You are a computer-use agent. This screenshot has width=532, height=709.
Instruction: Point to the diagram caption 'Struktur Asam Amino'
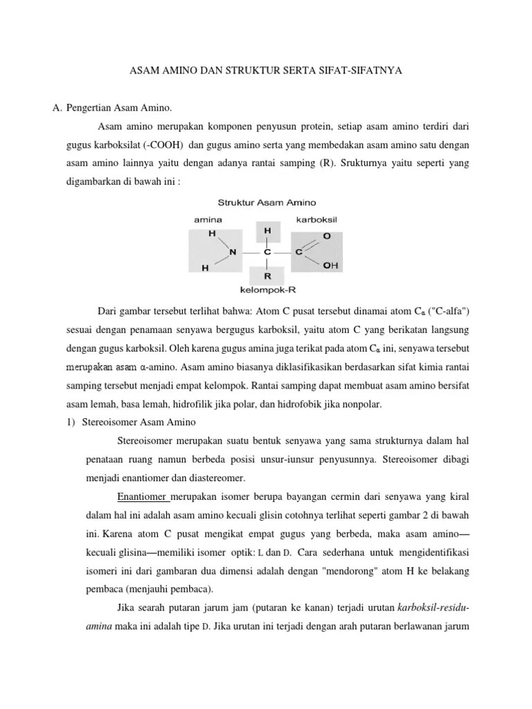point(267,203)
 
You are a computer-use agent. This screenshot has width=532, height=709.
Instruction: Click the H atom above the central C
point(267,229)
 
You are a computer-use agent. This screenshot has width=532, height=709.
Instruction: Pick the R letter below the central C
point(267,275)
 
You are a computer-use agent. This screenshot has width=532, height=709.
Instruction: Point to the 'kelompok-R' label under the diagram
point(266,289)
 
